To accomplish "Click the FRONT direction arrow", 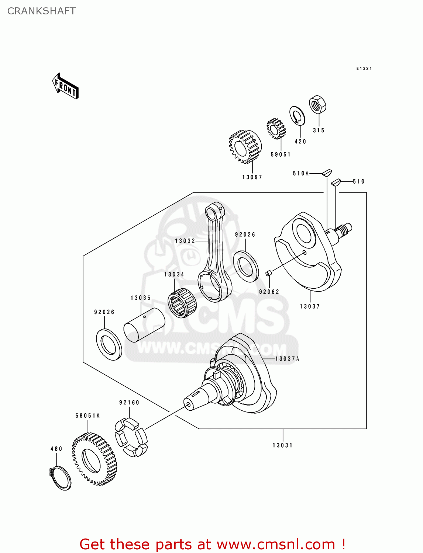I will click(x=66, y=86).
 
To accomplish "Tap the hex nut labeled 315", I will click(x=317, y=105).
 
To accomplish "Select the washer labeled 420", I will click(x=298, y=116).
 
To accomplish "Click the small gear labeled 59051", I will click(x=276, y=129).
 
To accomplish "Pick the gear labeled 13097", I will click(x=245, y=147).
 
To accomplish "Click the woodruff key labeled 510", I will click(x=335, y=181).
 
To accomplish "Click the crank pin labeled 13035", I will click(x=144, y=325).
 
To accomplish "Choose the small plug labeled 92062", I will click(x=269, y=273).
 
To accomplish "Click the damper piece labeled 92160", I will click(x=131, y=437).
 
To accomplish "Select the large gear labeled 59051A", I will click(x=94, y=459).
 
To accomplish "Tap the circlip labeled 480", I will click(x=60, y=478).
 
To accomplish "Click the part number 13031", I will click(x=282, y=445).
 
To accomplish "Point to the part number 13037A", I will click(x=287, y=359).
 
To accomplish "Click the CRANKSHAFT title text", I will click(x=41, y=11).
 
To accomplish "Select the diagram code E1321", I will click(x=364, y=69).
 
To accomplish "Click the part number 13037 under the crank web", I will click(x=310, y=306).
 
